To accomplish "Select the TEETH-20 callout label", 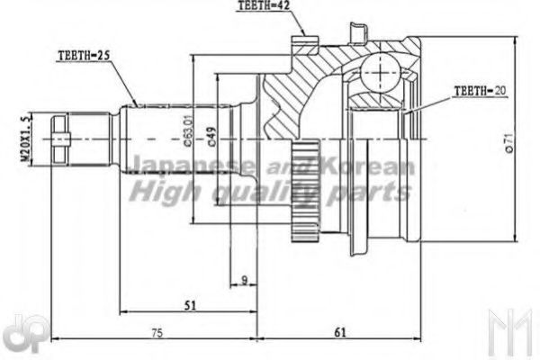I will point(476,91).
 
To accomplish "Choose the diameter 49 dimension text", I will point(210,135).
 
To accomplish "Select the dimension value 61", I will point(340,332).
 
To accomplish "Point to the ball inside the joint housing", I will point(388,71).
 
